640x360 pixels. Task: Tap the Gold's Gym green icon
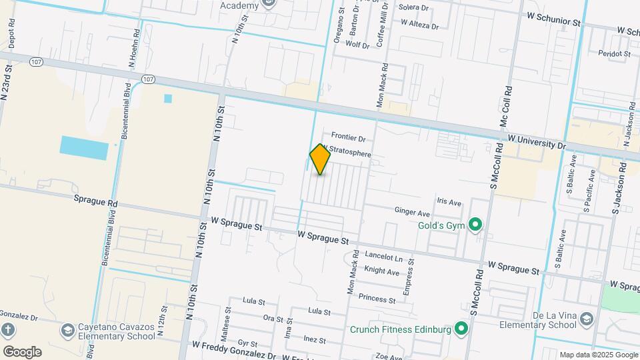coord(475,225)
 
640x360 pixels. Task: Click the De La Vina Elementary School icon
coord(586,319)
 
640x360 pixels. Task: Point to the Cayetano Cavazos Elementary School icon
coord(67,331)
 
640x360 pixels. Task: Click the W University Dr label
coord(536,141)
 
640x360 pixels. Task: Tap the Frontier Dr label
coord(349,139)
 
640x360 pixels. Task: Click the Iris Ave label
coord(449,202)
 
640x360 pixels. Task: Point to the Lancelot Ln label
coord(385,257)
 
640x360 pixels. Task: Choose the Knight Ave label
coord(382,271)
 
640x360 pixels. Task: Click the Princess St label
coord(377,297)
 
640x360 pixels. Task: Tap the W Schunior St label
coord(553,21)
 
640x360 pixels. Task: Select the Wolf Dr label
coord(357,45)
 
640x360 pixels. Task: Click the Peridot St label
coord(615,53)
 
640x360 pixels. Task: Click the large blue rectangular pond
coord(83,147)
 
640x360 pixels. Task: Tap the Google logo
coord(22,351)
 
